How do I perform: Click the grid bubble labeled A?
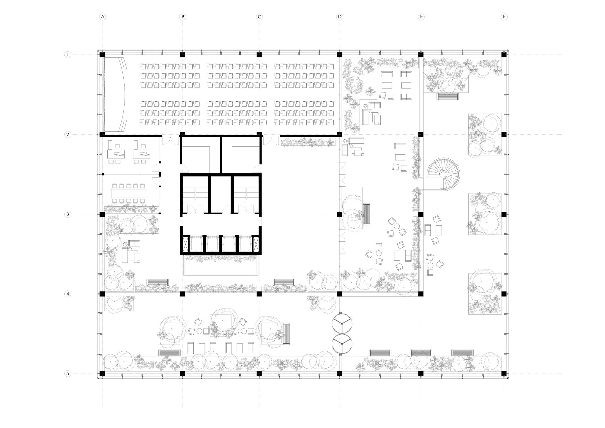pos(102,17)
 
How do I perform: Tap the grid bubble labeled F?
pos(504,17)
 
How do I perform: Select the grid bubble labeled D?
pos(339,17)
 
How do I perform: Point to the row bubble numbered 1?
pos(68,55)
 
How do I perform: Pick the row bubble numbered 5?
pos(68,374)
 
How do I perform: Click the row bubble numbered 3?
pos(68,214)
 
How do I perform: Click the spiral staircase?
pos(443,174)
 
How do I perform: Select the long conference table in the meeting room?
pos(128,193)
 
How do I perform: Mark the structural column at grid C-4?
pos(259,294)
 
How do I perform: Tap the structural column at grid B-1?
pos(182,55)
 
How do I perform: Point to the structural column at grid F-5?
pos(504,374)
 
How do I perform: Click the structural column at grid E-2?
pos(421,135)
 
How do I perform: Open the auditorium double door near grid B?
pos(171,140)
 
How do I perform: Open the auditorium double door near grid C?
pos(271,140)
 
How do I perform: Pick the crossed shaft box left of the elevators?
pos(185,244)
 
